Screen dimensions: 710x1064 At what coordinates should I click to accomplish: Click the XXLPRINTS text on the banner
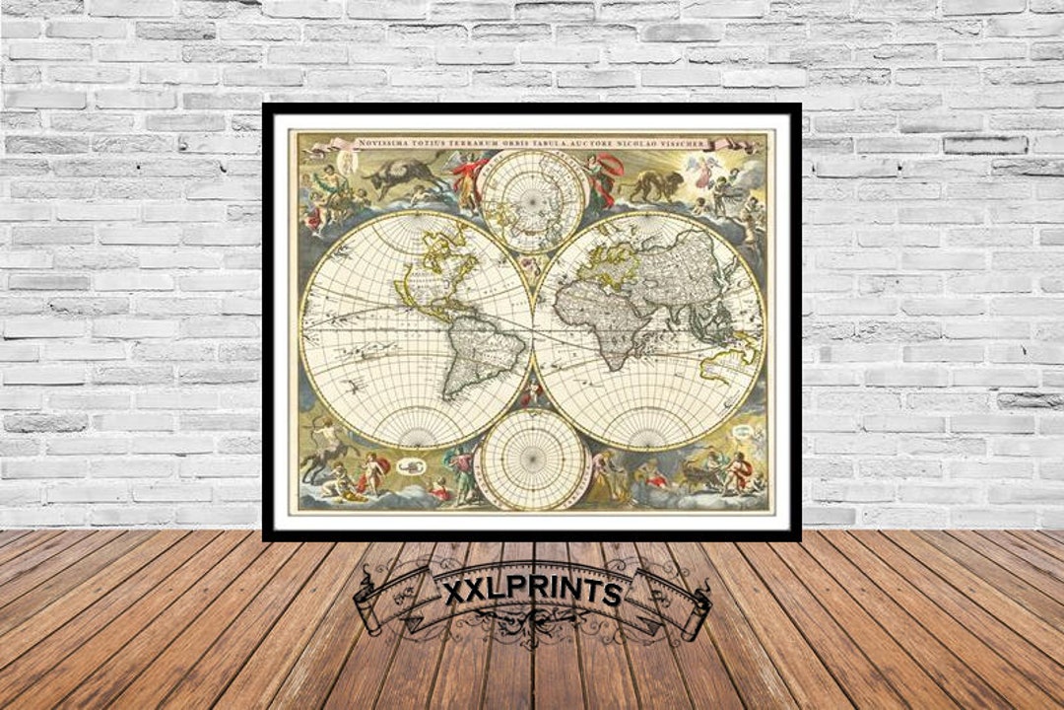(x=533, y=593)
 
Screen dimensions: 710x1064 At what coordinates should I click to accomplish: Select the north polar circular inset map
(x=533, y=202)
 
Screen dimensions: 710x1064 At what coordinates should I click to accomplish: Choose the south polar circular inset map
(x=533, y=460)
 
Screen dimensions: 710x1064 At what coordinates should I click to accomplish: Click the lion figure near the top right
(x=655, y=184)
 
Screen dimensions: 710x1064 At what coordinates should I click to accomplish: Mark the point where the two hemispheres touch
(x=533, y=329)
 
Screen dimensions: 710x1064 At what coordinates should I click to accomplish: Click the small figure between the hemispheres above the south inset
(x=533, y=394)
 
